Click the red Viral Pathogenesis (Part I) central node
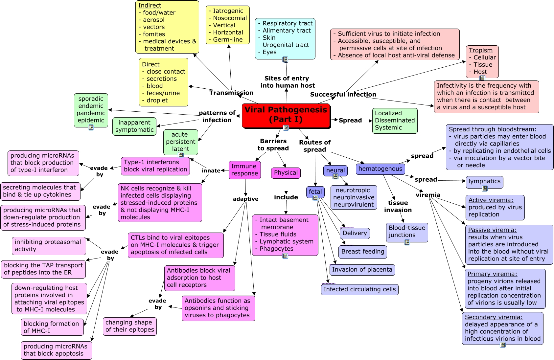pyautogui.click(x=286, y=115)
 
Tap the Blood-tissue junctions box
pyautogui.click(x=407, y=232)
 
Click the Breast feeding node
pyautogui.click(x=362, y=252)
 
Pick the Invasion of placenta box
pyautogui.click(x=362, y=270)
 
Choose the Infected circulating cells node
pyautogui.click(x=359, y=289)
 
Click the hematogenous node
pyautogui.click(x=380, y=169)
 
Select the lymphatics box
pyautogui.click(x=484, y=181)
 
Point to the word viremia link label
pyautogui.click(x=428, y=195)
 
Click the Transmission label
pyautogui.click(x=231, y=93)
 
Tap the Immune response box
pyautogui.click(x=244, y=170)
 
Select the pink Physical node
pyautogui.click(x=286, y=173)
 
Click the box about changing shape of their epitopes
pyautogui.click(x=130, y=326)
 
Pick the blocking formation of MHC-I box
pyautogui.click(x=52, y=327)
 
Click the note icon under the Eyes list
pyautogui.click(x=285, y=59)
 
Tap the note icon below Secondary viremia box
pyautogui.click(x=502, y=345)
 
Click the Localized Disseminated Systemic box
pyautogui.click(x=395, y=121)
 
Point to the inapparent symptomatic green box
pyautogui.click(x=134, y=126)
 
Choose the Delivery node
pyautogui.click(x=355, y=233)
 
